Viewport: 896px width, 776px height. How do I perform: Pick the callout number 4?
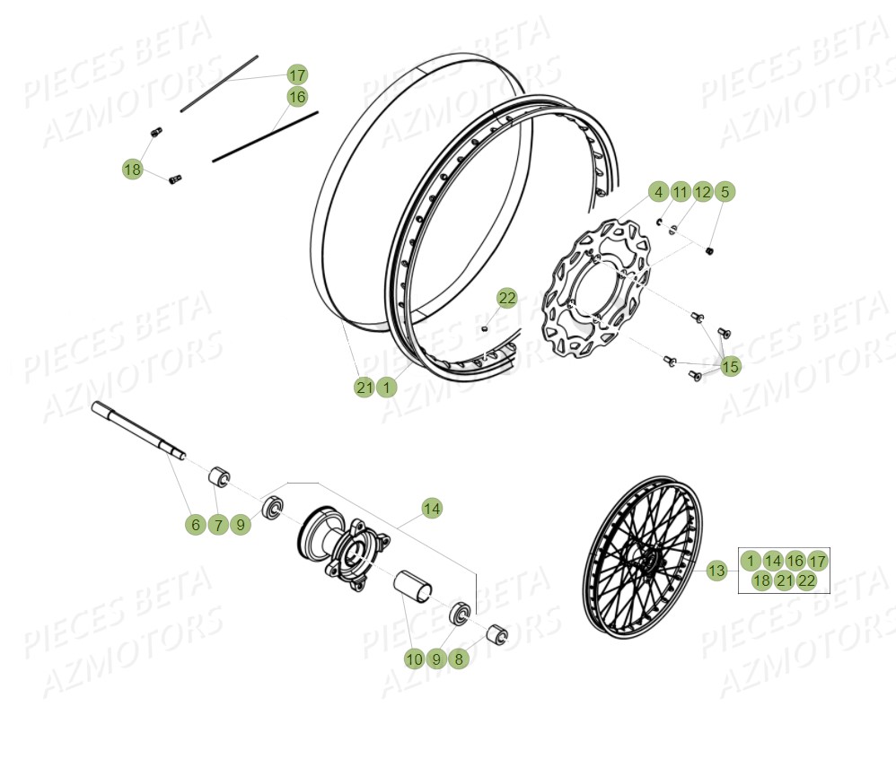point(657,192)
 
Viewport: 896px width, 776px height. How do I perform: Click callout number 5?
point(725,192)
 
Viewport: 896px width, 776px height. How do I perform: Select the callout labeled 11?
point(680,192)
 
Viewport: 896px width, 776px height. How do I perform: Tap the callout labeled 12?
point(702,192)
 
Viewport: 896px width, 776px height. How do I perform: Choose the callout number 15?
point(731,366)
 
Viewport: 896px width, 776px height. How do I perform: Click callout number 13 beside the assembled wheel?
point(716,571)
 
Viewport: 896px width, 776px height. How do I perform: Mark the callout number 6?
point(196,526)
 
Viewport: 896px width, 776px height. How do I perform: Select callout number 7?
point(218,526)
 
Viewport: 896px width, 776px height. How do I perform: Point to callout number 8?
point(459,659)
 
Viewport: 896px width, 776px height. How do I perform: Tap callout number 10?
point(413,659)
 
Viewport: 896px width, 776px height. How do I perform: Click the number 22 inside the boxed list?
point(807,581)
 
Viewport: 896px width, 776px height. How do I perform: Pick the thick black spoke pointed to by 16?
point(266,136)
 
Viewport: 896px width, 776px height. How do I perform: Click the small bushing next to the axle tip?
point(219,475)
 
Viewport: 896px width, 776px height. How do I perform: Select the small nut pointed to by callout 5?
point(709,250)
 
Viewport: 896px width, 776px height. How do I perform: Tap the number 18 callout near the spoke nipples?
point(133,169)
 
